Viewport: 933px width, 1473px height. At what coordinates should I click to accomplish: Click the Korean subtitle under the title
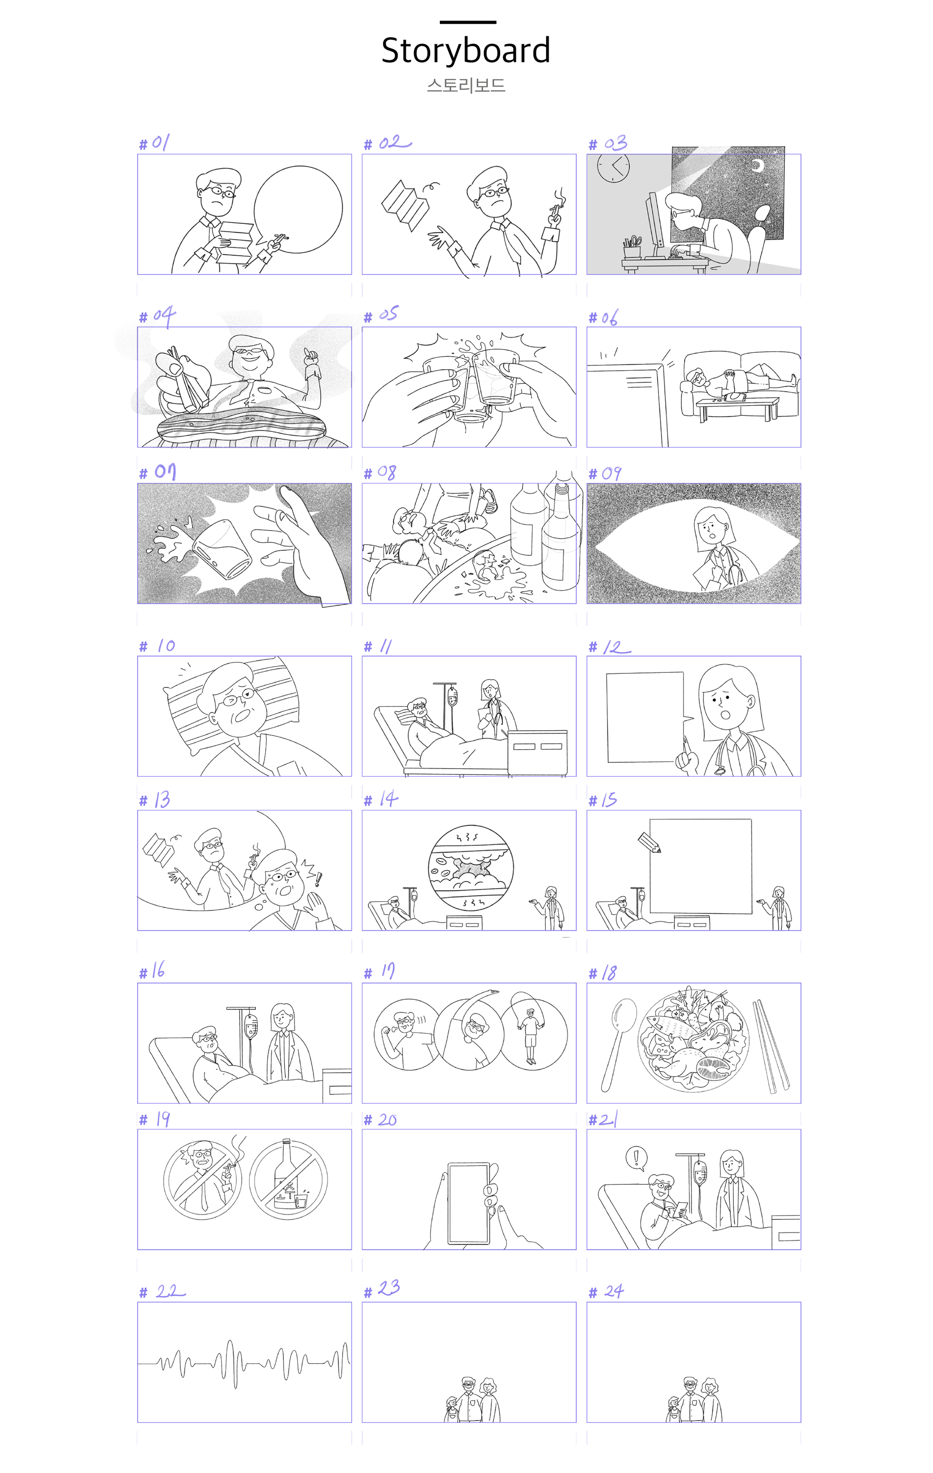pos(466,85)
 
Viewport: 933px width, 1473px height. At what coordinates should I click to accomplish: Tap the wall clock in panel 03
pos(613,167)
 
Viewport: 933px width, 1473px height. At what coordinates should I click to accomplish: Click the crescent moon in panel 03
pos(758,166)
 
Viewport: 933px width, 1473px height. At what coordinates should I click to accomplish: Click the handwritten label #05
pos(380,315)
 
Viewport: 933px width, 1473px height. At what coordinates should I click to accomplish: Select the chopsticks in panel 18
pos(770,1046)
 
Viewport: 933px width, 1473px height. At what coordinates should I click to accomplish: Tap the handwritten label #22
pos(162,1291)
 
